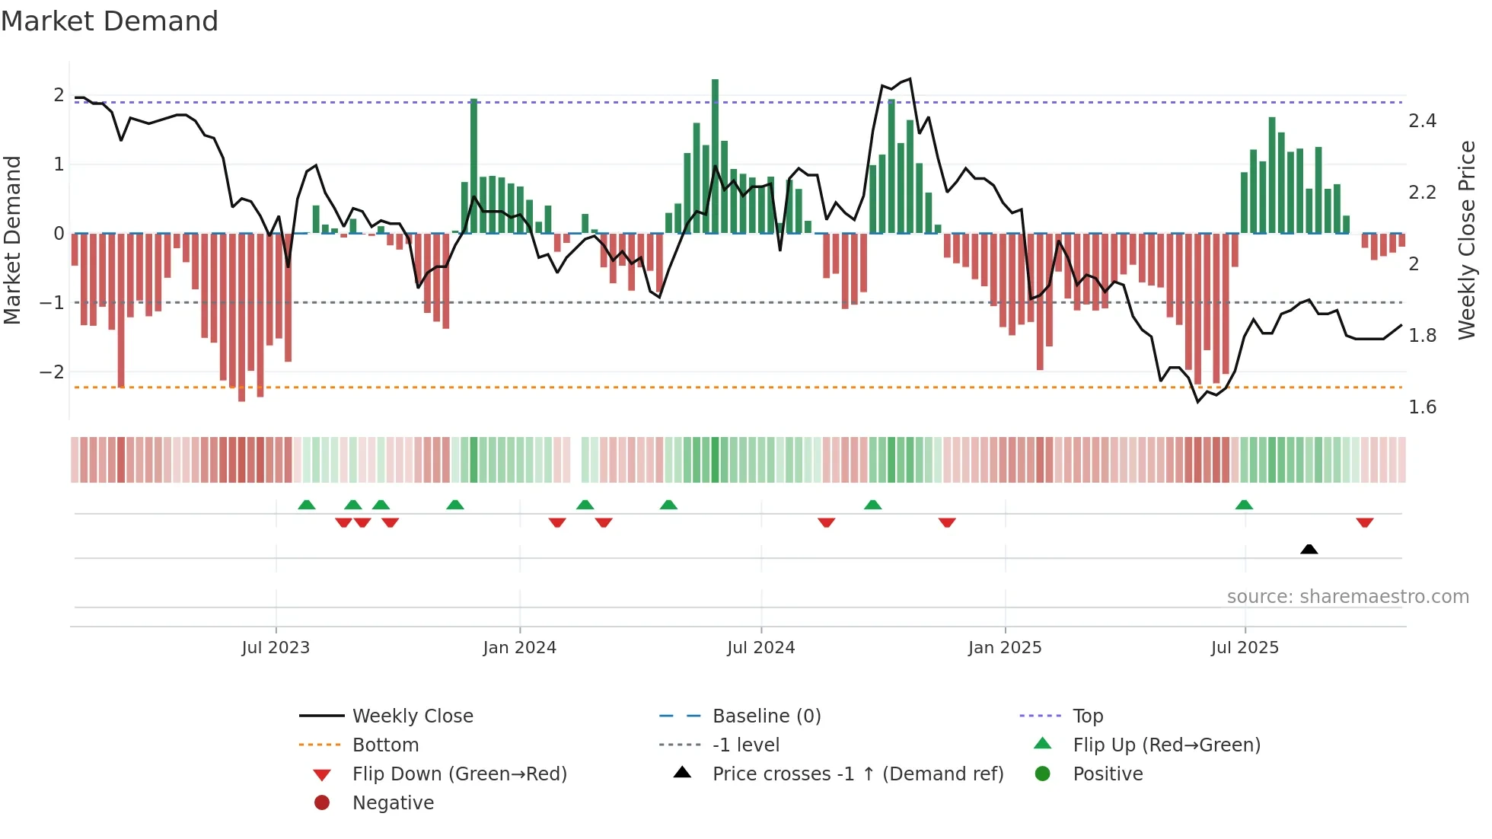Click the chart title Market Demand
coord(110,21)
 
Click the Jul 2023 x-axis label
coord(276,648)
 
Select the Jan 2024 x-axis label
coord(519,648)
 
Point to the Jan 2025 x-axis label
coord(1005,648)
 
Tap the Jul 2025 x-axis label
coord(1245,648)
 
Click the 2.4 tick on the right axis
coord(1422,121)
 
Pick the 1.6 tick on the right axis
coord(1422,407)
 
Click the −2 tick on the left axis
coord(52,372)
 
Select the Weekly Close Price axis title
coord(1467,240)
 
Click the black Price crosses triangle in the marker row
coord(1309,549)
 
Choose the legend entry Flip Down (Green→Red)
coord(459,774)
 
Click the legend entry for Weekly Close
coord(412,716)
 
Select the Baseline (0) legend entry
coord(766,716)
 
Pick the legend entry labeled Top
coord(1087,716)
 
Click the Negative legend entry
coord(393,803)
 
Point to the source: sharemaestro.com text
coord(1347,597)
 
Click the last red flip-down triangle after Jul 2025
coord(1364,523)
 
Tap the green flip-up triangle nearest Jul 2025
coord(1244,505)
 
